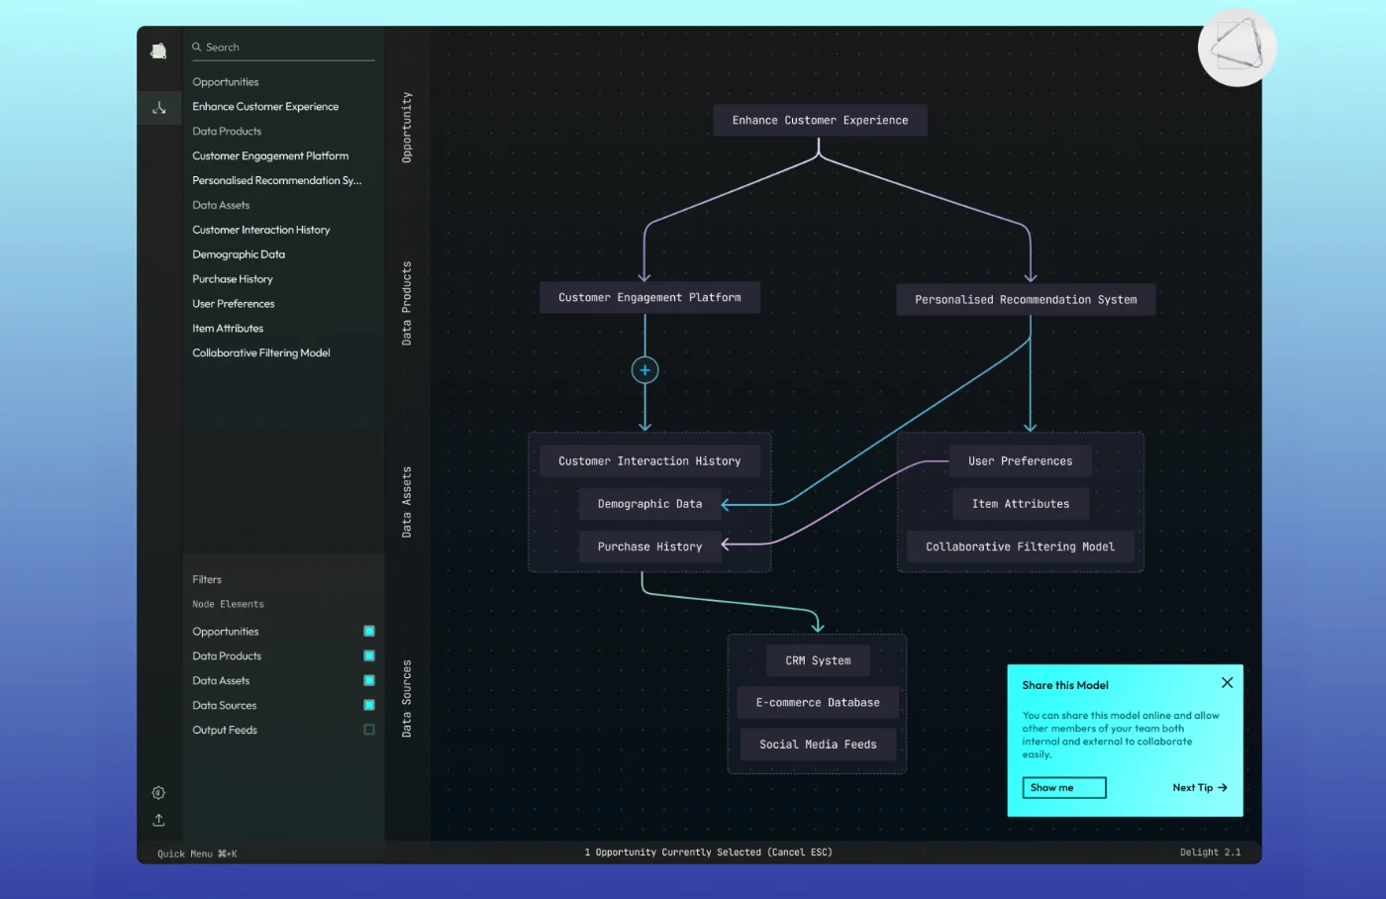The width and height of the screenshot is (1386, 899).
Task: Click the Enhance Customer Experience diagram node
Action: (x=820, y=120)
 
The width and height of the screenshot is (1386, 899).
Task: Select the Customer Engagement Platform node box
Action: (x=649, y=297)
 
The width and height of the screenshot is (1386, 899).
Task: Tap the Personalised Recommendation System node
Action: (x=1026, y=299)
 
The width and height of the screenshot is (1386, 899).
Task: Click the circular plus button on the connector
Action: (x=644, y=370)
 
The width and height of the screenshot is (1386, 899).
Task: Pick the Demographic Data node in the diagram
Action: (x=649, y=504)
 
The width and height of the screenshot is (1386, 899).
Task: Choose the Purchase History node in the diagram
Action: (x=649, y=547)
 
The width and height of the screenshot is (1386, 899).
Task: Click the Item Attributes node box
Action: (x=1020, y=504)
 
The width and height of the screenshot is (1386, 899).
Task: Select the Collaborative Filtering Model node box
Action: (x=1020, y=547)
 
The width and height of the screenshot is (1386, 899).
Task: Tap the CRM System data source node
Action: (x=818, y=660)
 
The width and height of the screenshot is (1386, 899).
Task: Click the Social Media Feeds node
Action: (x=818, y=745)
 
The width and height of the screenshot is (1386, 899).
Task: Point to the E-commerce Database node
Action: (x=818, y=703)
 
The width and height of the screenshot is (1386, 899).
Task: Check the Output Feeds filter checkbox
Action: (x=369, y=730)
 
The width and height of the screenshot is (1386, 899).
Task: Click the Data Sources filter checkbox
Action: (x=369, y=705)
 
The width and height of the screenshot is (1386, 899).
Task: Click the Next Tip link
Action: (x=1199, y=788)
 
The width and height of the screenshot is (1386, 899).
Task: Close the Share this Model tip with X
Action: (x=1227, y=683)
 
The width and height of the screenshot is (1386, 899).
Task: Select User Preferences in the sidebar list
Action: (x=234, y=304)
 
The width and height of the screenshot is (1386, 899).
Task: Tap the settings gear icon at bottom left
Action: (x=158, y=793)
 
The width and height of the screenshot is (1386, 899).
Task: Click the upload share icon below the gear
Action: (x=158, y=820)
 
